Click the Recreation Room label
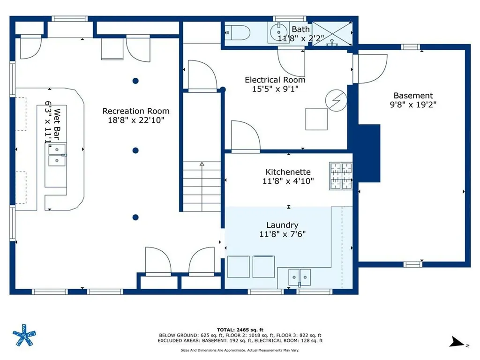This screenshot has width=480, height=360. [136, 111]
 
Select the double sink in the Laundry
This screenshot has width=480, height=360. [299, 277]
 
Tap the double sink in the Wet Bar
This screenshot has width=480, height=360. [56, 155]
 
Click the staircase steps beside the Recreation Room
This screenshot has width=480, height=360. [202, 186]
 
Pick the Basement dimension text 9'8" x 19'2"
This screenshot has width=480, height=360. [413, 105]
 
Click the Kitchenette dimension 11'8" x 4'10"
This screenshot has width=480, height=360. [288, 180]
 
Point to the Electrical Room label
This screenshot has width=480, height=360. [275, 80]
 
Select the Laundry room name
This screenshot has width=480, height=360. [282, 225]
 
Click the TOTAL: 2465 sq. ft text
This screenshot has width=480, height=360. [240, 330]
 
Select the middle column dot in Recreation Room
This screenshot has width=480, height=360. [135, 150]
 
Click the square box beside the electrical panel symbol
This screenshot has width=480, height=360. [316, 119]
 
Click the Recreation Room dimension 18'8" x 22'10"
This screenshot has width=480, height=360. [136, 120]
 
